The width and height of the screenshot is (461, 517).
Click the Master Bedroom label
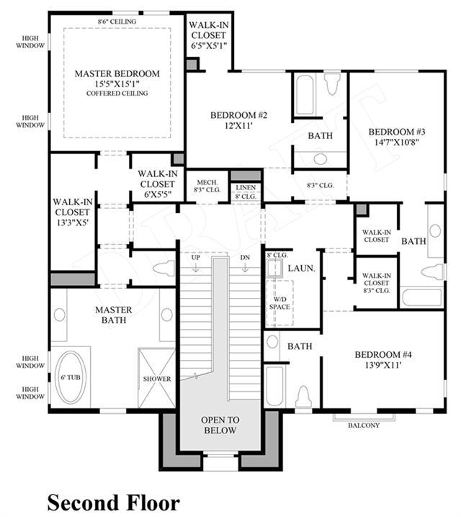click(x=117, y=73)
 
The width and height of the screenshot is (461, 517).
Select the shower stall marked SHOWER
click(x=156, y=378)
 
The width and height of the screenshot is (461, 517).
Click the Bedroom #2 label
click(x=238, y=115)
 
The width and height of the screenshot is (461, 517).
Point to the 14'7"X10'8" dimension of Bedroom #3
click(x=397, y=142)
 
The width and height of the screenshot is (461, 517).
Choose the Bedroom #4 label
click(x=383, y=355)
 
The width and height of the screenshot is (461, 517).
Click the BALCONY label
click(x=364, y=426)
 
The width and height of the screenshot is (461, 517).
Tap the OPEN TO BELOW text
click(x=220, y=425)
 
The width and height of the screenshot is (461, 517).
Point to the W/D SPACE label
click(x=279, y=303)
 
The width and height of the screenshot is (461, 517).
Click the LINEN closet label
click(x=246, y=187)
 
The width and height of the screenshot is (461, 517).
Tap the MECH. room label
click(x=207, y=182)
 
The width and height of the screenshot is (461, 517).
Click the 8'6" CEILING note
click(x=117, y=22)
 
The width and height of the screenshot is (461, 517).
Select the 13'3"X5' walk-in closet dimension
click(x=73, y=222)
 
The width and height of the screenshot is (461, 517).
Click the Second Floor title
click(x=113, y=503)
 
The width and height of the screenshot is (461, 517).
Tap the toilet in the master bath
click(x=164, y=267)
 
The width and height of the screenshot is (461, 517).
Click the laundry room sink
click(x=274, y=267)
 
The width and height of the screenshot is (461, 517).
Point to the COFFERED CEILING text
click(x=117, y=94)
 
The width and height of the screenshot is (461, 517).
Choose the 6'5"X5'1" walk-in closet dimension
click(x=209, y=45)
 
